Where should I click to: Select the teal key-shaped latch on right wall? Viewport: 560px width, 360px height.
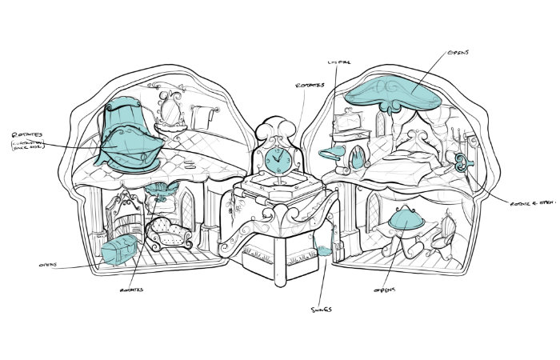pyautogui.click(x=462, y=163)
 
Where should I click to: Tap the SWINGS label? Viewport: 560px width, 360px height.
pyautogui.click(x=322, y=308)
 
